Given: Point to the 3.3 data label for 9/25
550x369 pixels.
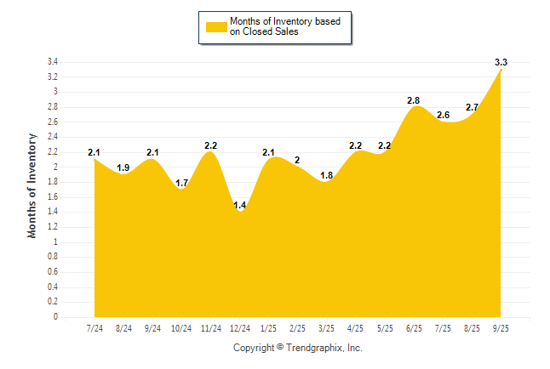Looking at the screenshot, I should click(x=501, y=62).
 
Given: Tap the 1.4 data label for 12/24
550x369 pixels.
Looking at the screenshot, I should click(x=240, y=206).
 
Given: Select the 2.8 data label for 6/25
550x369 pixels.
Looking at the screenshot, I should click(x=413, y=100).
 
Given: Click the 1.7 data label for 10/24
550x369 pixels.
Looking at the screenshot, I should click(x=181, y=183).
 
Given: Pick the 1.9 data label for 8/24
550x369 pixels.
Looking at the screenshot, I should click(x=123, y=167).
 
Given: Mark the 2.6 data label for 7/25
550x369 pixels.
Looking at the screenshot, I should click(x=443, y=115).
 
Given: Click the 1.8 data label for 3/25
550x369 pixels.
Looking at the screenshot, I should click(x=326, y=175).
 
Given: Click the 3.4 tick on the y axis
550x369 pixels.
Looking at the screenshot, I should click(x=52, y=62).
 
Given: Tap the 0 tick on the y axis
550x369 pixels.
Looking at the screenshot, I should click(x=55, y=317).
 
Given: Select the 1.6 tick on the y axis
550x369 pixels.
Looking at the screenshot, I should click(x=52, y=197).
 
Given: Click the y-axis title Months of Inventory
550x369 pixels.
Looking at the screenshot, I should click(x=32, y=184).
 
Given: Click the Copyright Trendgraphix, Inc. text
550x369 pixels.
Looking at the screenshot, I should click(x=297, y=348).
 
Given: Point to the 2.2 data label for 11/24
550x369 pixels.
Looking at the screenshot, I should click(x=211, y=145).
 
